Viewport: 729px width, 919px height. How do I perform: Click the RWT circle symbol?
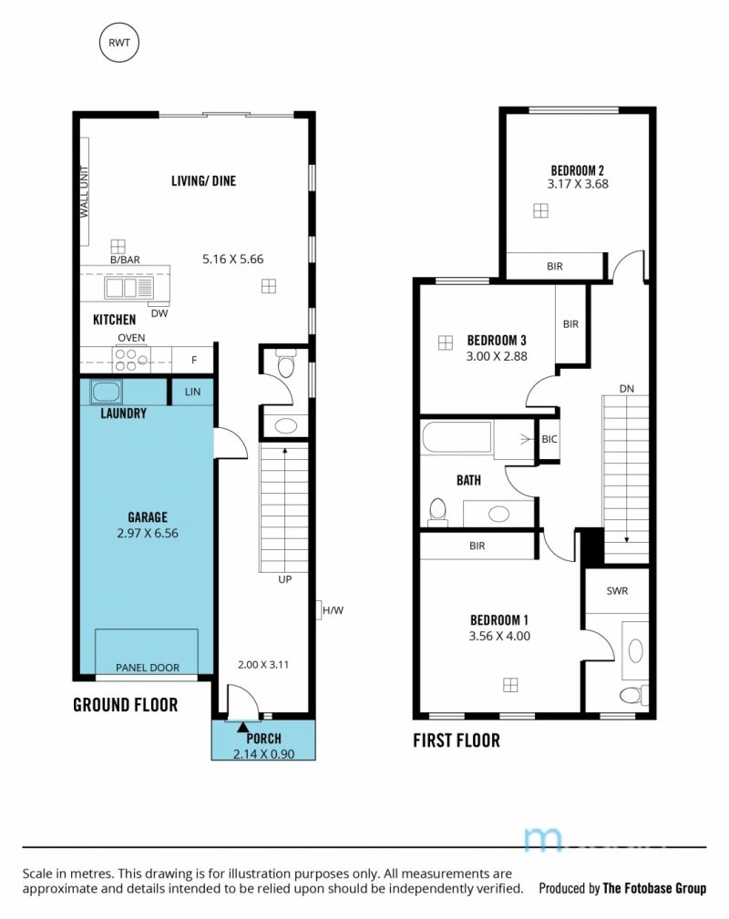pos(119,42)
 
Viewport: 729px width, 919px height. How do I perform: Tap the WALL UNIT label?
pos(84,191)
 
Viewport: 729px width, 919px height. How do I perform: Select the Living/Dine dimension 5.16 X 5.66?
pos(233,259)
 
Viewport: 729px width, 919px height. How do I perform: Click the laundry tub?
pos(106,392)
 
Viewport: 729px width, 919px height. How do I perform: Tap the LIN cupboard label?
pos(192,392)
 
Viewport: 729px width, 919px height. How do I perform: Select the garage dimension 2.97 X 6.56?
pos(148,534)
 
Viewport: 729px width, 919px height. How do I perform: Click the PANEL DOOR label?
pos(148,668)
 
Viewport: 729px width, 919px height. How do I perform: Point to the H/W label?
pos(333,610)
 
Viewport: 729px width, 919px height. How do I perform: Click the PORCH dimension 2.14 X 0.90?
pos(263,754)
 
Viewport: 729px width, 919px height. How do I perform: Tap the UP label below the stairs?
pos(284,579)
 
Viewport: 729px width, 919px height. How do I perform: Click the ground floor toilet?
pos(285,364)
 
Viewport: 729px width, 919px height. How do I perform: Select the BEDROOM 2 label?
pos(577,170)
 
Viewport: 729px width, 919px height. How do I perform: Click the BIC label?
pos(549,439)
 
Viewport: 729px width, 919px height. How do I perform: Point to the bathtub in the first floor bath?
pos(457,436)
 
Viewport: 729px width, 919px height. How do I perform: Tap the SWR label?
pos(617,591)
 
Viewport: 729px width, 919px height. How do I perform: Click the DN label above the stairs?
pos(626,389)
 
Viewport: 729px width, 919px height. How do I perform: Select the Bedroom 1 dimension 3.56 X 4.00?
pos(499,637)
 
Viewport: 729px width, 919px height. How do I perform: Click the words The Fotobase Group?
pos(654,889)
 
